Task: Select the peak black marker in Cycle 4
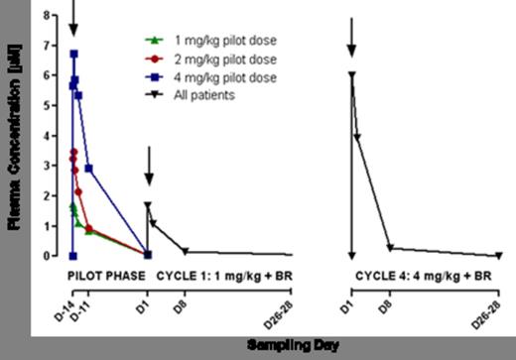click(x=351, y=74)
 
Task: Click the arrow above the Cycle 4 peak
click(x=351, y=38)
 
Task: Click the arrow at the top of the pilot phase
click(x=73, y=14)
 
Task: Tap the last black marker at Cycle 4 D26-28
click(x=498, y=256)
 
